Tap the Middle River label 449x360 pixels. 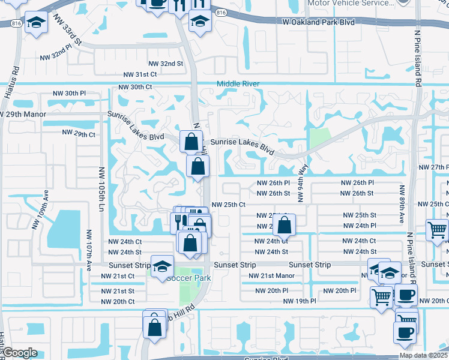tap(238, 84)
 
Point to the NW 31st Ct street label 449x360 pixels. tap(140, 74)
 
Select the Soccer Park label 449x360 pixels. tap(188, 278)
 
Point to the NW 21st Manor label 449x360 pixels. tap(272, 276)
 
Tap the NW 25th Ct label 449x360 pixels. tap(229, 205)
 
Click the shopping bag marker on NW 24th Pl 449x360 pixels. tap(285, 226)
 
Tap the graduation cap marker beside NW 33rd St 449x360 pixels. tap(37, 24)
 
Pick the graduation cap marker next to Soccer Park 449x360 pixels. tap(162, 267)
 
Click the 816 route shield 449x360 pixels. tap(221, 12)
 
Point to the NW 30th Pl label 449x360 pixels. tap(70, 94)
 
